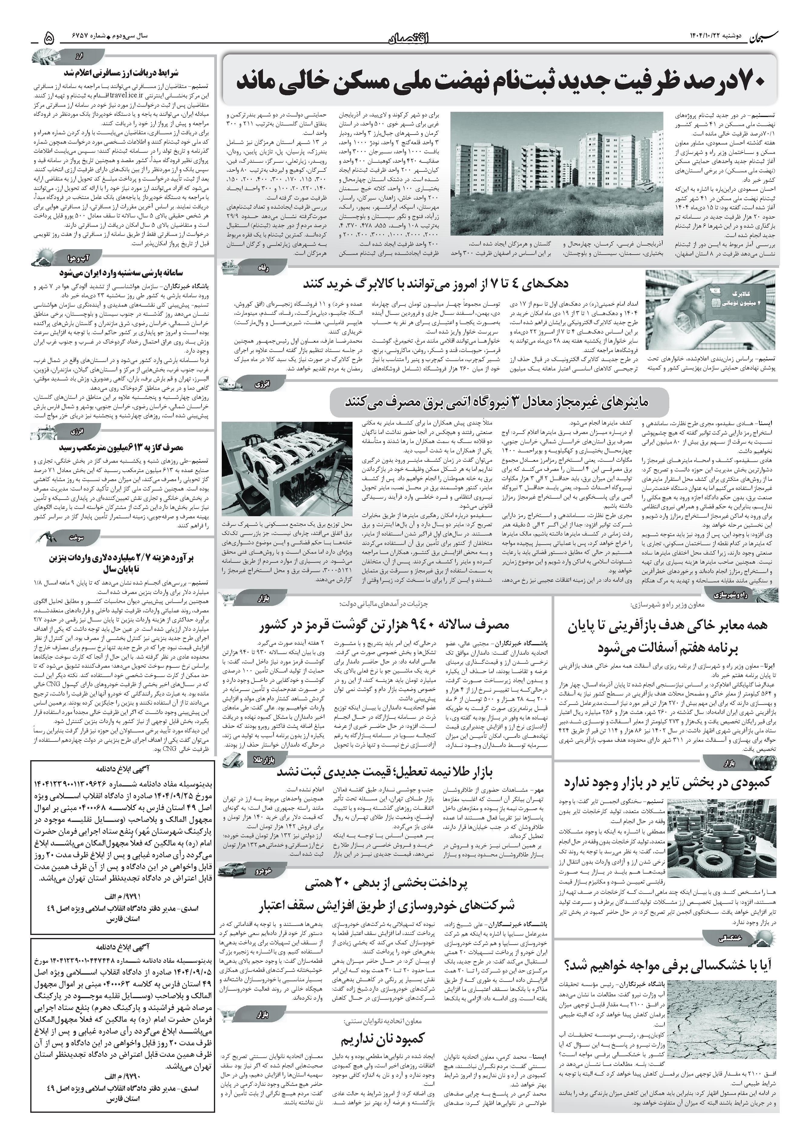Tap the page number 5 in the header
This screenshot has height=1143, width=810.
coord(49,38)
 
